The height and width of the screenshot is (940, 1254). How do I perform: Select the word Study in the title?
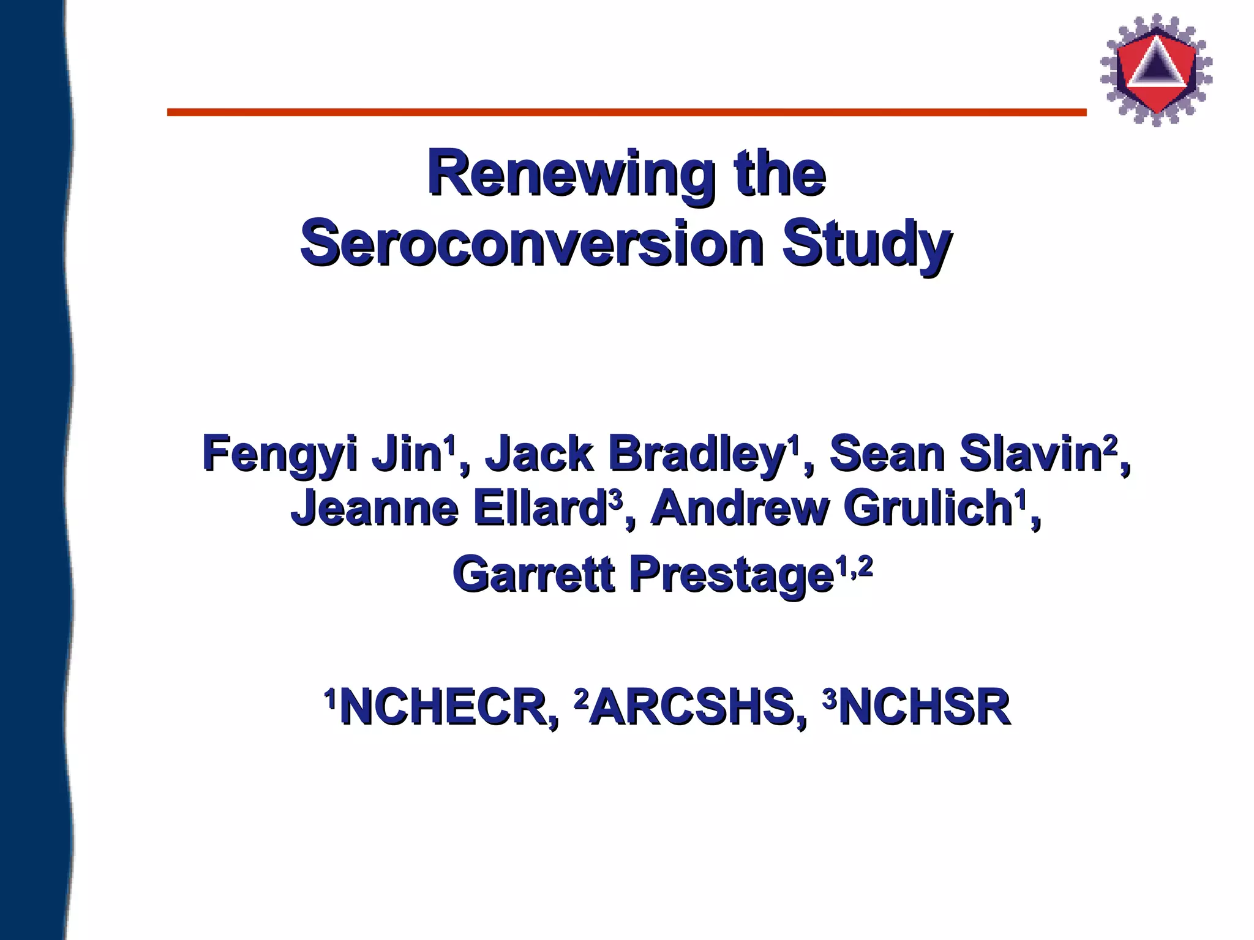tap(866, 245)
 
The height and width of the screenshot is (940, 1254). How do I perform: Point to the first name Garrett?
tap(533, 575)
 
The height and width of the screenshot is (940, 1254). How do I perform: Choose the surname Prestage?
tap(732, 575)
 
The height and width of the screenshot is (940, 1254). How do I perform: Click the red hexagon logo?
tap(1156, 70)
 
